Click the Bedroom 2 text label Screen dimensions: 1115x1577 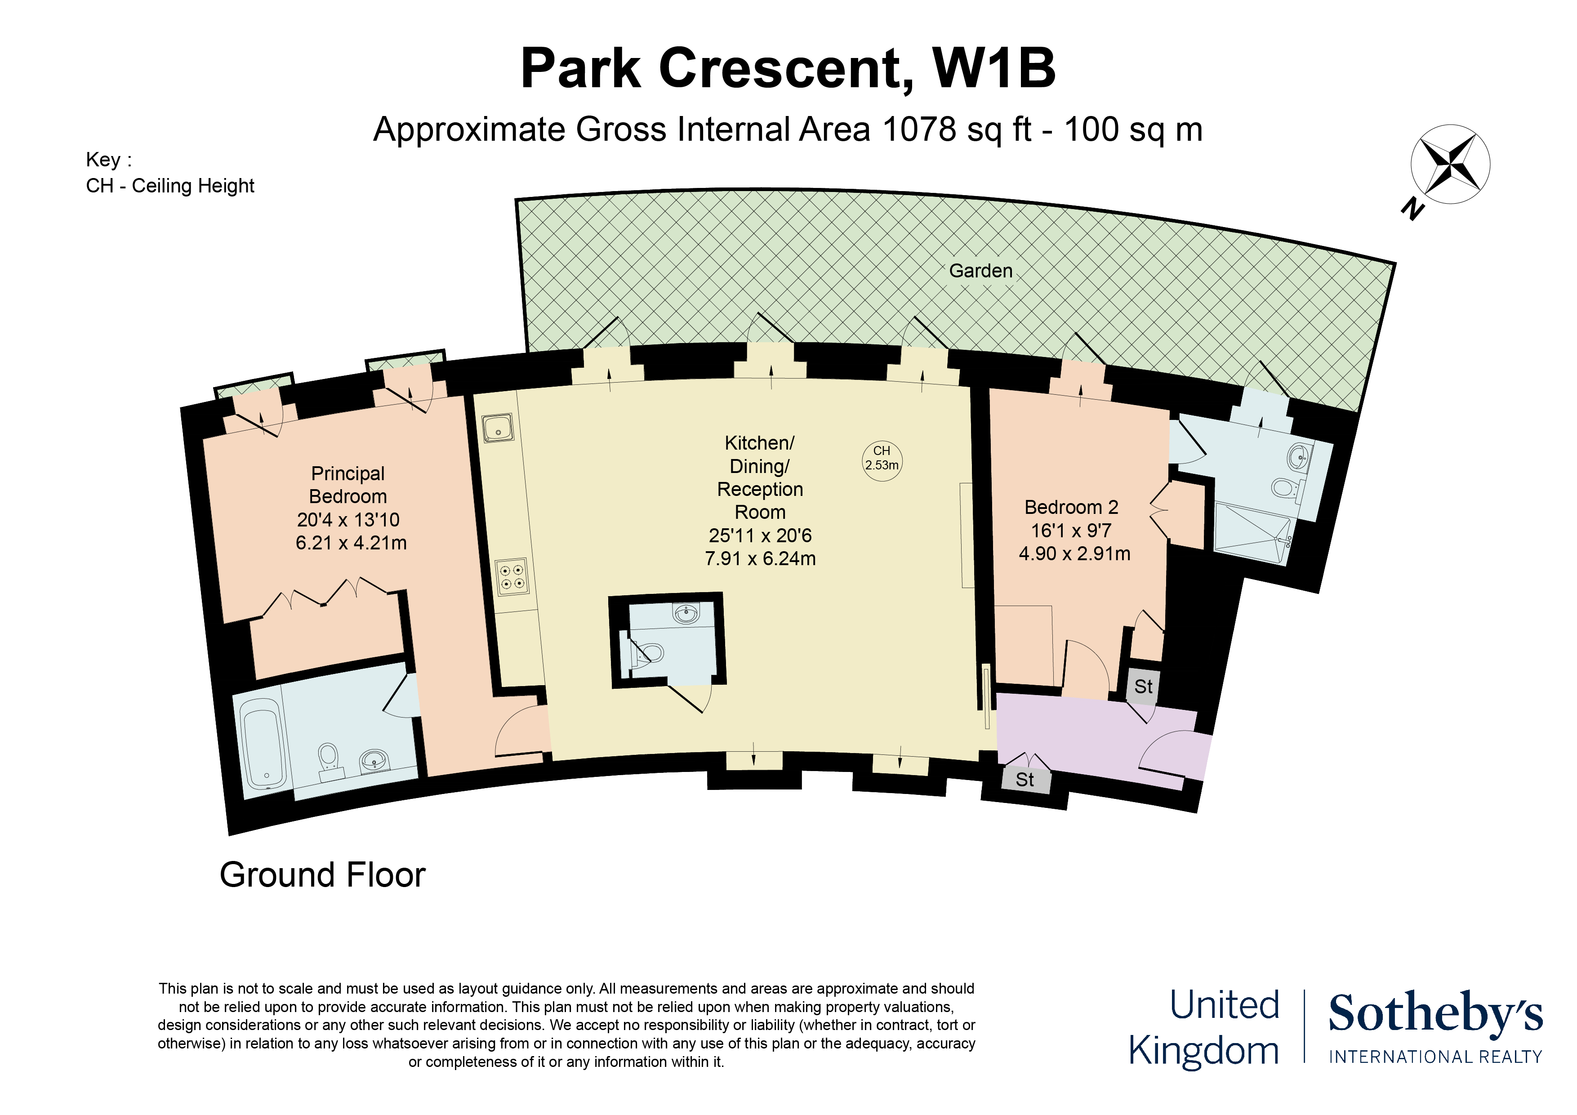point(1071,507)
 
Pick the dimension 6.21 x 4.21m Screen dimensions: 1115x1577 point(351,543)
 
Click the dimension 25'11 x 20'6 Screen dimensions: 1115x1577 point(760,535)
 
